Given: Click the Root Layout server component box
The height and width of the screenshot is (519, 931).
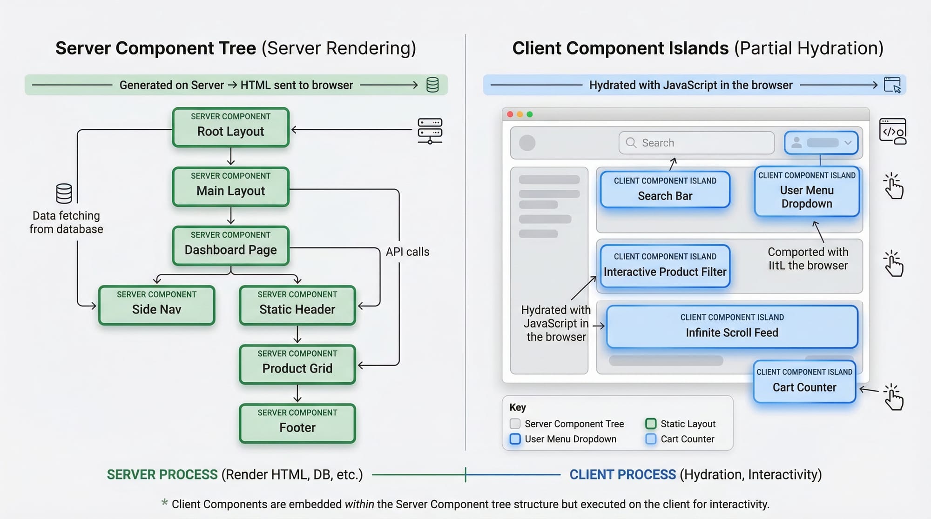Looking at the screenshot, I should click(230, 127).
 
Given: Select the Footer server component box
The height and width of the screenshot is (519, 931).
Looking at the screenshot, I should click(297, 423).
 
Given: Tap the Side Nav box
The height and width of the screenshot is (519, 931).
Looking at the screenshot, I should click(156, 305).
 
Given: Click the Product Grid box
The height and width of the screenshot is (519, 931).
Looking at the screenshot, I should click(297, 364).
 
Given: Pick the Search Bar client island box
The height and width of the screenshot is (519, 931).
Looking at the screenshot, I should click(665, 189).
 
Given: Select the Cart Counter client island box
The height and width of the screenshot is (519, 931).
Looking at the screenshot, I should click(804, 381).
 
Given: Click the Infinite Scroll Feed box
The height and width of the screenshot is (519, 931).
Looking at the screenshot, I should click(732, 326).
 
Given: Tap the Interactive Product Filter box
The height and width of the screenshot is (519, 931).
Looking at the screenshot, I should click(665, 266).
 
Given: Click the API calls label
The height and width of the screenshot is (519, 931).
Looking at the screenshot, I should click(407, 252).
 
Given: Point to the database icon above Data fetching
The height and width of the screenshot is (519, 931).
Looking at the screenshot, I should click(64, 193).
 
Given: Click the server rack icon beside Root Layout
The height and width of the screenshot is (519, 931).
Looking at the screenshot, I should click(430, 131).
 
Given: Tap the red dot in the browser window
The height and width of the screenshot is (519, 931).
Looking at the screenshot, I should click(510, 114).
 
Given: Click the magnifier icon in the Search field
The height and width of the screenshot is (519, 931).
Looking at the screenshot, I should click(631, 143).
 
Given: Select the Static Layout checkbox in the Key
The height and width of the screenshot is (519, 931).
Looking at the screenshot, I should click(651, 424).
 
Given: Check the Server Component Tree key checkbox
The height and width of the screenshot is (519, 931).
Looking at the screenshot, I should click(515, 424).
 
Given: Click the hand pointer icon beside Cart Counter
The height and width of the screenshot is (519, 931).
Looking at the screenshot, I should click(893, 397).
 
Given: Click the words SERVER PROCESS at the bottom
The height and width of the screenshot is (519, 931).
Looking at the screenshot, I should click(162, 474).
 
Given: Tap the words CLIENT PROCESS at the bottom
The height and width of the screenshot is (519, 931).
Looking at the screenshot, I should click(622, 474).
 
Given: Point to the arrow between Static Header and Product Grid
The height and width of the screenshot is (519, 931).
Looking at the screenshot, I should click(297, 334).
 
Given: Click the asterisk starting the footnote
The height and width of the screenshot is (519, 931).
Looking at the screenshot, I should click(164, 502).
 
